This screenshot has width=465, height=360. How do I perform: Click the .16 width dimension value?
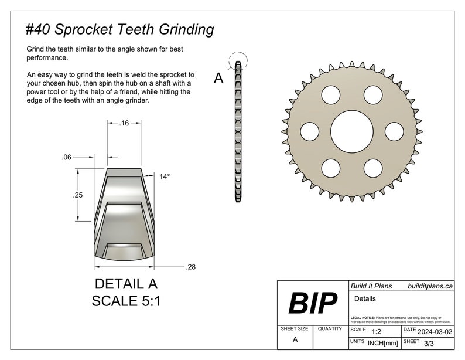point(124,123)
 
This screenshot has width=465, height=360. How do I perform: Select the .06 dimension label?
point(66,157)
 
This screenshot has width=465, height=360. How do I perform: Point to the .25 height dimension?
point(78,196)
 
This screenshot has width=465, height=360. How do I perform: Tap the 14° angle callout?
point(165,176)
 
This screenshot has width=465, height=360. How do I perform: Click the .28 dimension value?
point(190,267)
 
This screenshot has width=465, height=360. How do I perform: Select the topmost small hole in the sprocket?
point(372,94)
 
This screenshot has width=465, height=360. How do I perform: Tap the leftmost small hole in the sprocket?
point(310,130)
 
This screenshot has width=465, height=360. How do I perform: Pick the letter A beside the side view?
point(218,78)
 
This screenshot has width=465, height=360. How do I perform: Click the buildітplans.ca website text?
point(429,286)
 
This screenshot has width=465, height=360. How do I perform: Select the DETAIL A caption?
point(126,284)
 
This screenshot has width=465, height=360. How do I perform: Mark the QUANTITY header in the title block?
point(330,329)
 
